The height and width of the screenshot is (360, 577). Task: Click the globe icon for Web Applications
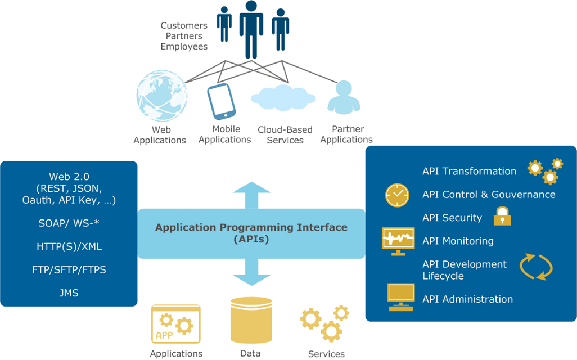[x=161, y=94]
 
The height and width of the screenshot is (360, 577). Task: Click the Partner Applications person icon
[x=344, y=97]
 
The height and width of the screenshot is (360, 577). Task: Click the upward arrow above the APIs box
[x=251, y=195]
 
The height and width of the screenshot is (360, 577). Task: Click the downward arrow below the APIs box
[x=251, y=272]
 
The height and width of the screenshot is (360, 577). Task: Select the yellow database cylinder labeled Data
[x=251, y=321]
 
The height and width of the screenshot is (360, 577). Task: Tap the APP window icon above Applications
[x=176, y=324]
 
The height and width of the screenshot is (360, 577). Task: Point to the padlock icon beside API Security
[x=502, y=217]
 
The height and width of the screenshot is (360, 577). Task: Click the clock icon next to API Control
[x=397, y=195]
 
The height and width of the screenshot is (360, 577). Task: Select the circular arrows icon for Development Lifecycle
[x=535, y=267]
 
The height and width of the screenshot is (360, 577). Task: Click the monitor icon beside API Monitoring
[x=398, y=241]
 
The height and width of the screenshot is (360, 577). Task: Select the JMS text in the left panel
[x=69, y=293]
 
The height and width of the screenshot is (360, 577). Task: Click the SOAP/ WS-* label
[x=69, y=223]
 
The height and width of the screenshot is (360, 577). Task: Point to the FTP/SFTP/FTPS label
[x=69, y=269]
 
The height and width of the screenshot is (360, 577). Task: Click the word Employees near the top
[x=184, y=47]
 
